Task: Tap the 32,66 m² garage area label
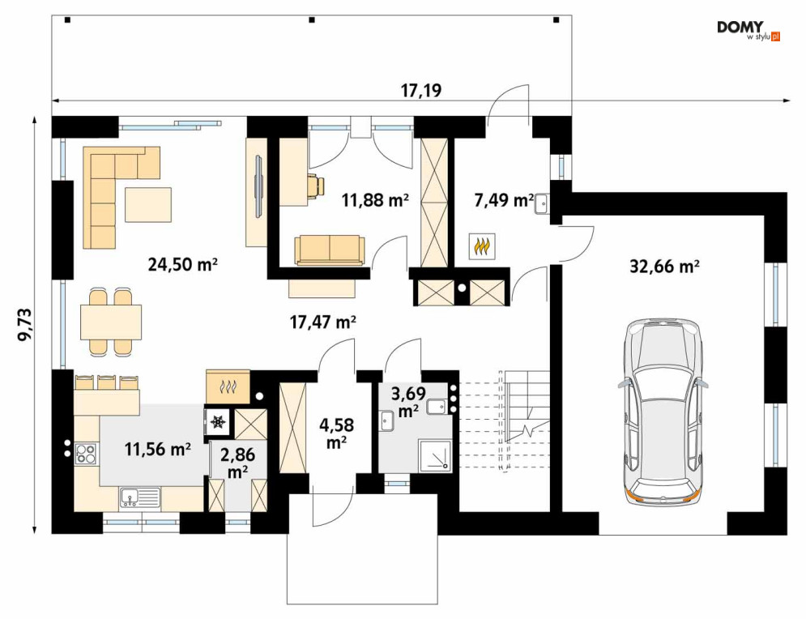tap(664, 267)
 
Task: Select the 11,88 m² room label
tap(375, 199)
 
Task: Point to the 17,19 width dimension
tap(421, 91)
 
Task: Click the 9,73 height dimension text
tap(24, 324)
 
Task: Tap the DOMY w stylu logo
tap(748, 31)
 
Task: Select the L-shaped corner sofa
tap(122, 196)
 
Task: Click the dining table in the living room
tap(111, 322)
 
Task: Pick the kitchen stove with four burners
tap(85, 454)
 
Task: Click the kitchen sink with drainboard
tap(140, 497)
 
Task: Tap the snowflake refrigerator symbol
tap(219, 422)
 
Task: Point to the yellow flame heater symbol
tap(482, 245)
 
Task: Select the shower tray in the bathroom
tap(435, 455)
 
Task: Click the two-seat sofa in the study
tap(330, 250)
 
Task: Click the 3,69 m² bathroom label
tap(408, 403)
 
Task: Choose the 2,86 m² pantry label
tap(237, 463)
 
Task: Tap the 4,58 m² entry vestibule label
tap(337, 433)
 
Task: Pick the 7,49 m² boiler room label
tap(503, 200)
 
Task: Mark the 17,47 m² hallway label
tap(323, 322)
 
